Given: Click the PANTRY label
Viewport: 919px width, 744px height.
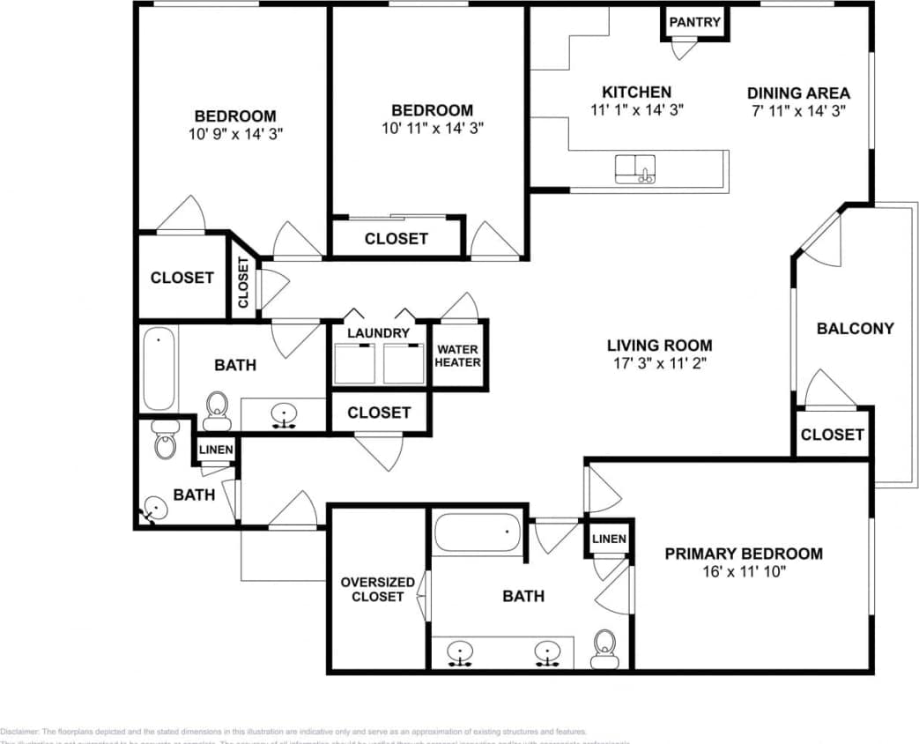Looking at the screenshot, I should coord(695,22).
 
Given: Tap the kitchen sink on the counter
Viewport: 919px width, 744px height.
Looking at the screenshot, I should coord(635,168).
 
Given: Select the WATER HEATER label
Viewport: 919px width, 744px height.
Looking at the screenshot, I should coord(458,356).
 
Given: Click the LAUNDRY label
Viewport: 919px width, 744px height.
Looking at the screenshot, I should coord(378,333).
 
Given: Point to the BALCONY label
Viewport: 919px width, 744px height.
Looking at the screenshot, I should coord(855,329).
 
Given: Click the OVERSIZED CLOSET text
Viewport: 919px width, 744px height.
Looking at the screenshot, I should coord(377,589).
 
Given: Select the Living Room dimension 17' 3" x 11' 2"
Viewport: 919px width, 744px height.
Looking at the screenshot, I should coord(659,363).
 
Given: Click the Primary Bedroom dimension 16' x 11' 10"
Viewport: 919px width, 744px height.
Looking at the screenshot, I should coord(744,571).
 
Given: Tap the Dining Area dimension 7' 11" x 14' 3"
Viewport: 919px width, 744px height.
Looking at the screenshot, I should coord(798,111).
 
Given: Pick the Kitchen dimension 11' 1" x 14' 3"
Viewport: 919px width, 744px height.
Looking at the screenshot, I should coord(636,109).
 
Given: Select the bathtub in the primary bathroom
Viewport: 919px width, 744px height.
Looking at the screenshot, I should coord(477,532).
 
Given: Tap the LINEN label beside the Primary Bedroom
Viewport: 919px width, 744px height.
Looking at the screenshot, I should coord(609,539).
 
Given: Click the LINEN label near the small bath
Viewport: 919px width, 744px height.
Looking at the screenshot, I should coord(216,450).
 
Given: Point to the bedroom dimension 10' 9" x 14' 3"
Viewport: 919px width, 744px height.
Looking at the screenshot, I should coord(234,134).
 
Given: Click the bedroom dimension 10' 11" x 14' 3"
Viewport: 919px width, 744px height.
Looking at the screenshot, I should coord(432,128).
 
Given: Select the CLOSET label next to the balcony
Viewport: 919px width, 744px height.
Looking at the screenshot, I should coord(832,435).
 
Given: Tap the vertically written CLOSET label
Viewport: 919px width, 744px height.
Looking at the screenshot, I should coord(244,284).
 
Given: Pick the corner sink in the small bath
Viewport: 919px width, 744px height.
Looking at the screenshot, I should coord(156,509).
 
